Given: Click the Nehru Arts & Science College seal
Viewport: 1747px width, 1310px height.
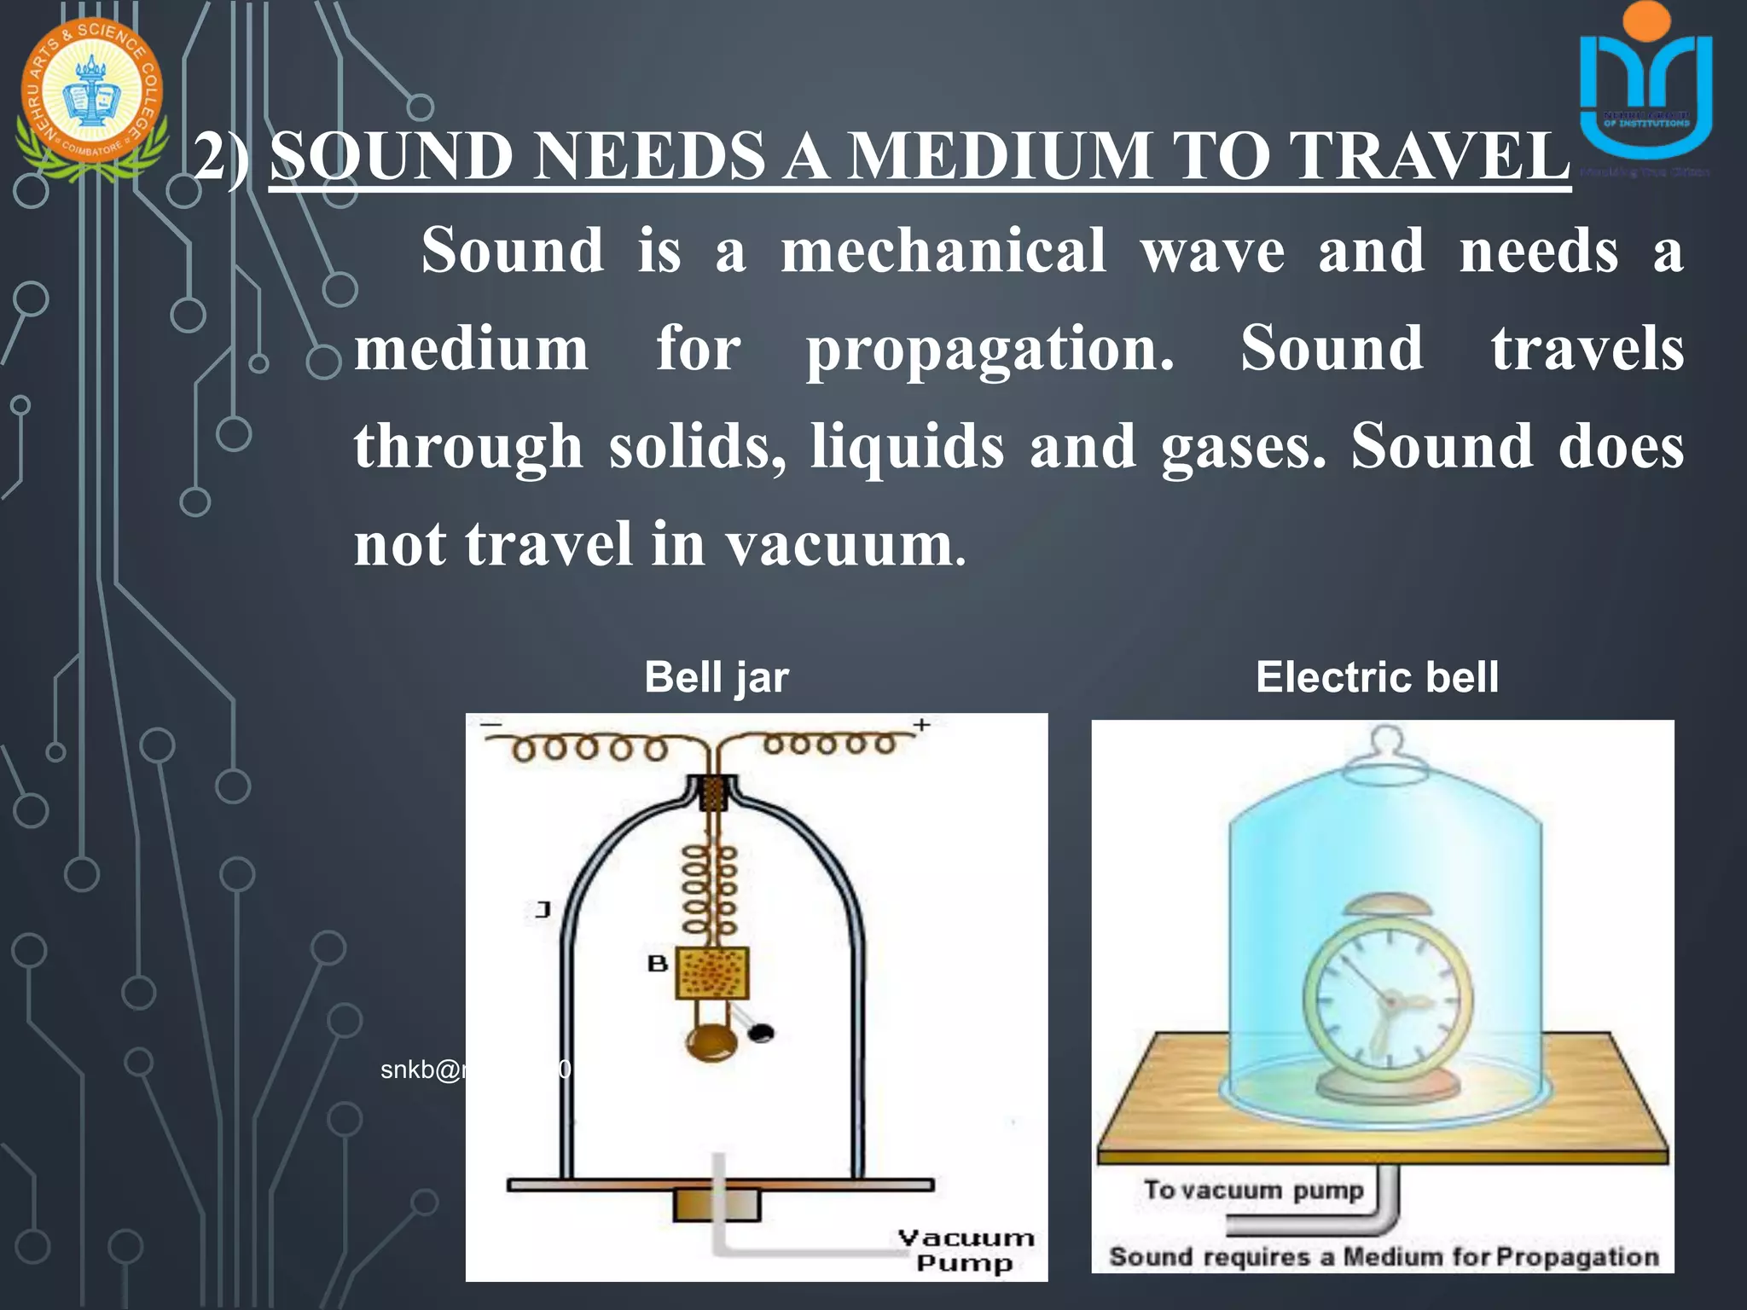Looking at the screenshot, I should click(91, 94).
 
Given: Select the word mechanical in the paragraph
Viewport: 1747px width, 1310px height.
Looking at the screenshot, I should click(943, 251).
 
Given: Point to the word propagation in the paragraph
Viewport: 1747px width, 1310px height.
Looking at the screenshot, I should click(990, 350).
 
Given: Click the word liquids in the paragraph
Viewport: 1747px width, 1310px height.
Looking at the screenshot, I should click(908, 447).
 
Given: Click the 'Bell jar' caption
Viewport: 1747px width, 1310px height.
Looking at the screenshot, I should click(717, 678).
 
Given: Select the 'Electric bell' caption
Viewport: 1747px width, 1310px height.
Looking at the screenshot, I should click(1377, 678).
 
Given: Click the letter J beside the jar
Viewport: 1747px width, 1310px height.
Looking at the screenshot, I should click(543, 910).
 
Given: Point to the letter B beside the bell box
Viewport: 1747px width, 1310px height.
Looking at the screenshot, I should click(657, 964).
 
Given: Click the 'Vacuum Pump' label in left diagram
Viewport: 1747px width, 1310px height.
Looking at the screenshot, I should click(966, 1250).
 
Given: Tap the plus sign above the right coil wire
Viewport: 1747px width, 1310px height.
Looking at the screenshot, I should click(921, 725).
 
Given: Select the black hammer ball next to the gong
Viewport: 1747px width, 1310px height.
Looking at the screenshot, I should click(761, 1033).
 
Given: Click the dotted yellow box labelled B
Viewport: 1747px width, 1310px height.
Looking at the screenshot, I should click(712, 973).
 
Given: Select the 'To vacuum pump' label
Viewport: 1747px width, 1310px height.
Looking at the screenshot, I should click(1253, 1190).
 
